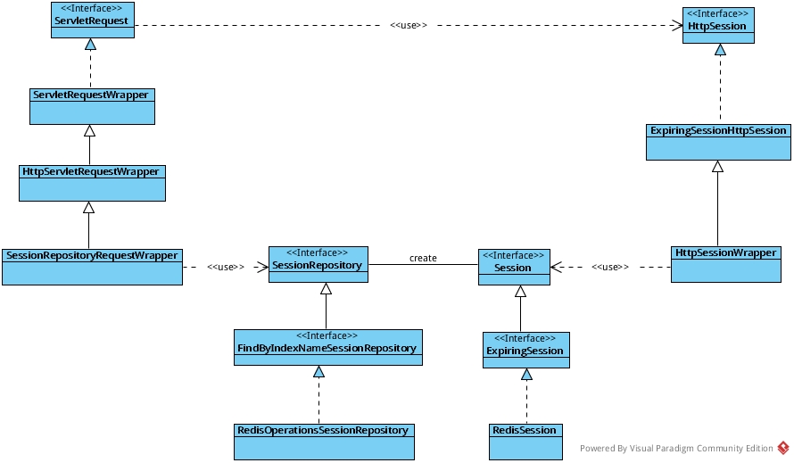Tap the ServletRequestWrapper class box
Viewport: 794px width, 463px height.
click(91, 106)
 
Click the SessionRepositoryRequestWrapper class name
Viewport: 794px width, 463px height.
click(92, 255)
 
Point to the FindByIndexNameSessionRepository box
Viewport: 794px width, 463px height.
click(327, 347)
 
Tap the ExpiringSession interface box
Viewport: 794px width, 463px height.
click(525, 350)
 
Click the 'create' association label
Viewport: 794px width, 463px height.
click(423, 259)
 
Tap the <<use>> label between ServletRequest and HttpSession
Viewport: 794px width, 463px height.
click(408, 25)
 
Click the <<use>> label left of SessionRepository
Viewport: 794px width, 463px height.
click(225, 267)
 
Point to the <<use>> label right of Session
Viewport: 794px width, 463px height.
click(610, 267)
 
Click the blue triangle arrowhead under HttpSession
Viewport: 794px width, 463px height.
click(720, 50)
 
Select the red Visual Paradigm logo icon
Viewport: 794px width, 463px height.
click(782, 448)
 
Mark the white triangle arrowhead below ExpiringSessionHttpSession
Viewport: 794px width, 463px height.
click(717, 167)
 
